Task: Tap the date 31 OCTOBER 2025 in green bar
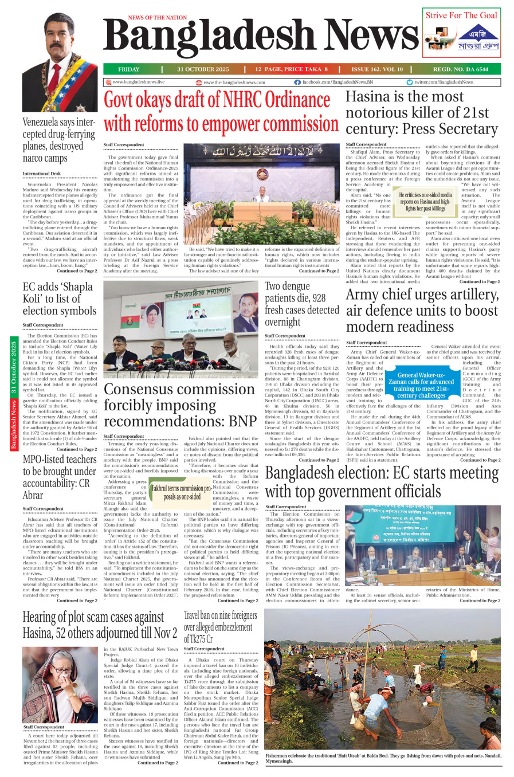[203, 69]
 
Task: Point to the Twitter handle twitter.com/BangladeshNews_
[444, 82]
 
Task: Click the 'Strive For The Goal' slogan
[461, 15]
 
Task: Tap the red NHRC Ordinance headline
[221, 112]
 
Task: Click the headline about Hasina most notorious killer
[422, 113]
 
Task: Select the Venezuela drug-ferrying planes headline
[59, 140]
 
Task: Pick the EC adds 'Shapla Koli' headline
[60, 299]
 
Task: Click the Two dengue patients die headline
[302, 304]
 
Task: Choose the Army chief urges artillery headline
[422, 311]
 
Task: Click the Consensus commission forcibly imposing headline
[180, 405]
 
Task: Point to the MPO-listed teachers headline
[59, 477]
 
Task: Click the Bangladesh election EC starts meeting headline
[382, 482]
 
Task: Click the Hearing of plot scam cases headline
[100, 625]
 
